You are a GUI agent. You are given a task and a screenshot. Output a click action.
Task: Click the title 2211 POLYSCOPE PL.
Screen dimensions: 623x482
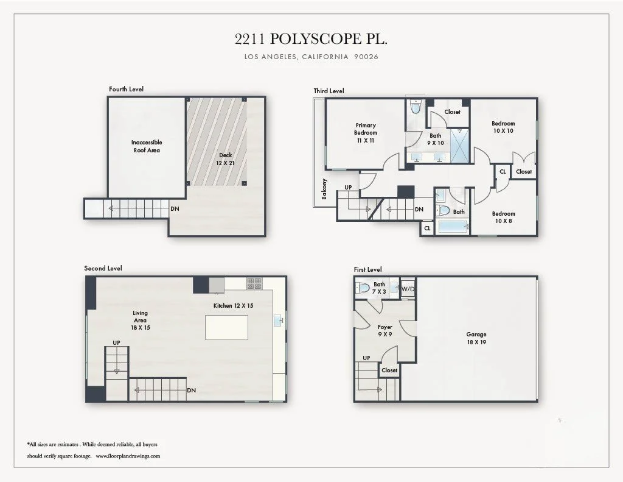[311, 39]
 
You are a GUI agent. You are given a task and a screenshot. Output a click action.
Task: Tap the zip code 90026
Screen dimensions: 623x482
[366, 57]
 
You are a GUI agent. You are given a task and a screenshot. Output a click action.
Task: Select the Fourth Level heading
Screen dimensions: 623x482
[127, 89]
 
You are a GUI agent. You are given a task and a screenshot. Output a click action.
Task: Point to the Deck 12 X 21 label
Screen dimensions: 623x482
[225, 159]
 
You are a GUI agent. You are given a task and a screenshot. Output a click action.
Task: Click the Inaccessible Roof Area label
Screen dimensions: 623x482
[147, 146]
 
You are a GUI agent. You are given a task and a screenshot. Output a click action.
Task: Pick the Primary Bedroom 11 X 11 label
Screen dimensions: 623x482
[366, 133]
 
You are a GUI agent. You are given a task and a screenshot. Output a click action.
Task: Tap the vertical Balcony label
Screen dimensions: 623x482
[324, 189]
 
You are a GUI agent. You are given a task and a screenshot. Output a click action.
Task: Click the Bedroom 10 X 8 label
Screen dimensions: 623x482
[503, 218]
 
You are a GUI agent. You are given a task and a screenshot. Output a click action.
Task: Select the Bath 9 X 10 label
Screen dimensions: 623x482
[436, 140]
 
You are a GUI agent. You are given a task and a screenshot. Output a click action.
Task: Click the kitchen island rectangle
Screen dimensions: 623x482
[226, 328]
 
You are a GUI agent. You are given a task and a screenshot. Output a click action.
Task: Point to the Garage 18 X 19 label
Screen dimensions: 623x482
[476, 338]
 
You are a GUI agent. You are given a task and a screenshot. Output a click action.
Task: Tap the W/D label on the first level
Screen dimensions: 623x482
[408, 289]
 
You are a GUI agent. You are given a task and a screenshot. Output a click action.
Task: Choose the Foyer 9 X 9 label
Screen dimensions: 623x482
[385, 331]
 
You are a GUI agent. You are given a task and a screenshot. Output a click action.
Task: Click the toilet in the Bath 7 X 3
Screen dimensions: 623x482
[362, 288]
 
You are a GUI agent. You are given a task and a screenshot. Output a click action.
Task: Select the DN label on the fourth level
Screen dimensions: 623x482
[175, 208]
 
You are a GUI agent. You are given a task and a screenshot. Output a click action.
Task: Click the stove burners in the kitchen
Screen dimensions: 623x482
[254, 283]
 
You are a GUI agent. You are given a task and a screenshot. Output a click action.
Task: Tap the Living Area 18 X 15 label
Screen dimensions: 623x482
[141, 321]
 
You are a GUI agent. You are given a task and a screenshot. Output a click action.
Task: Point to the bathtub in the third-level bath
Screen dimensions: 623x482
[453, 227]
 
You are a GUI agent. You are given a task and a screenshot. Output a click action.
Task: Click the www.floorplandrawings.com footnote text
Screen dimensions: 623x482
[128, 456]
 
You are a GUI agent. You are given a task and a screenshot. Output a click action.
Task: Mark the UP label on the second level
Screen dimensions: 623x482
[116, 342]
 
